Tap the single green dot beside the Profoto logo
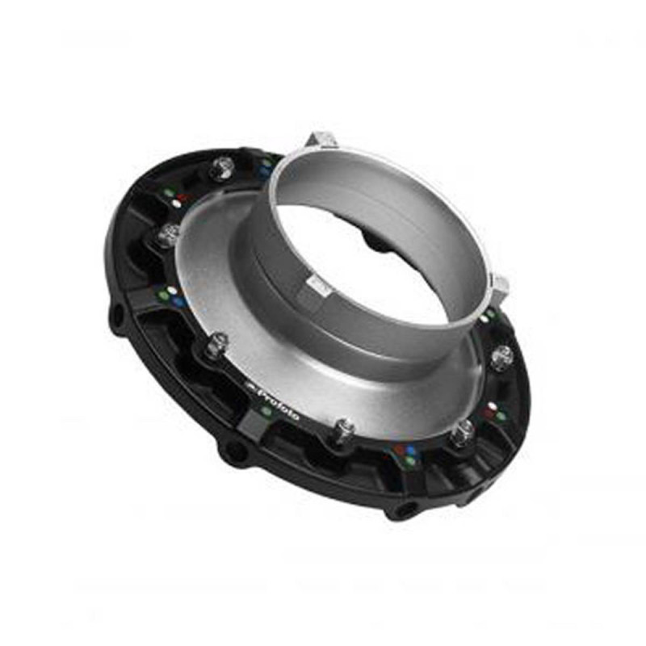pyautogui.click(x=266, y=411)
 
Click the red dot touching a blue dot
pyautogui.click(x=401, y=447)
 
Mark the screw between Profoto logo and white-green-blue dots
pyautogui.click(x=215, y=348)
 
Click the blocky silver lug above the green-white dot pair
pyautogui.click(x=501, y=284)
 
